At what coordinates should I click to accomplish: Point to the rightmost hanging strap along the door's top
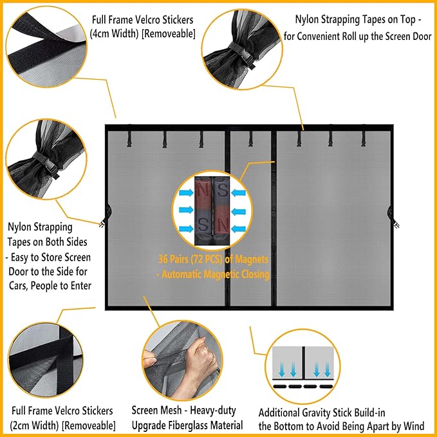click(x=364, y=137)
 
